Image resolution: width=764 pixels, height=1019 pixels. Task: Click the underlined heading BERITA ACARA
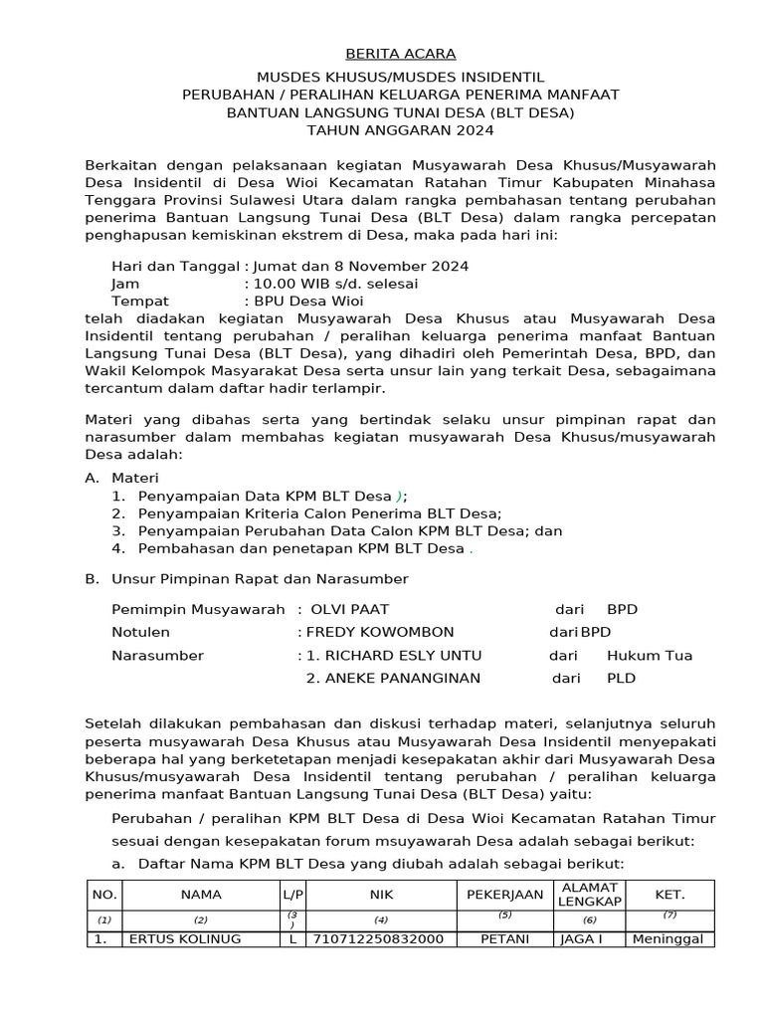coord(400,54)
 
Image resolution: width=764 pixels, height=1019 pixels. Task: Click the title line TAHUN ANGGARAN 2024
coord(400,130)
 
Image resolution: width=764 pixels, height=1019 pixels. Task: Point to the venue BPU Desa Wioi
coord(308,301)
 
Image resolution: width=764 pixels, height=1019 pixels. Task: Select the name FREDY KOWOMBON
coord(380,632)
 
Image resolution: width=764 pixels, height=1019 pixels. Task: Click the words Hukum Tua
coord(649,656)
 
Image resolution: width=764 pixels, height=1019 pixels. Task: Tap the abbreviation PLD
coord(621,679)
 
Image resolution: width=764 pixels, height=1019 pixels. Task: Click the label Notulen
coord(140,632)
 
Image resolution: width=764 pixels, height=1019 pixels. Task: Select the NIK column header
coord(381,895)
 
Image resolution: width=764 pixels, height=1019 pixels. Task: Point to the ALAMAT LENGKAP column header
coord(590,894)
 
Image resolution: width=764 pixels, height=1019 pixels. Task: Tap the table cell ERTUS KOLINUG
coord(185,938)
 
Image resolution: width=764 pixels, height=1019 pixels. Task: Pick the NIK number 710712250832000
coord(379,938)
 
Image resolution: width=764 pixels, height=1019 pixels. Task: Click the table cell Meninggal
coord(669,938)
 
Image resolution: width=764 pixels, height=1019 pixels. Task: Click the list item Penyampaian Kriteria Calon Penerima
coord(319,513)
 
